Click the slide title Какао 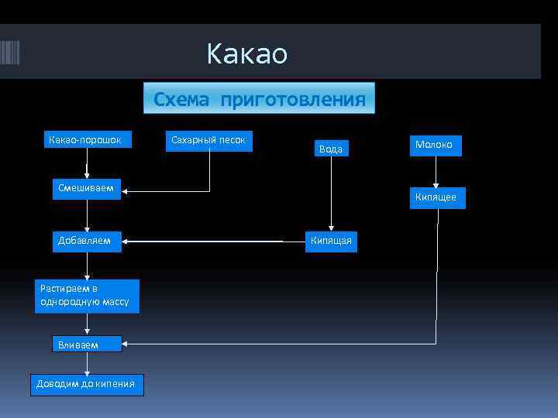point(246,54)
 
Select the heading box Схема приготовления point(260,99)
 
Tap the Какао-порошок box point(87,140)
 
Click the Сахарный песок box point(208,140)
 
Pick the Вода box point(331,149)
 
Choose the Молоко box point(436,146)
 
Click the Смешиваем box point(87,189)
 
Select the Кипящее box point(437,197)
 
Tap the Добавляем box point(87,241)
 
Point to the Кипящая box point(331,241)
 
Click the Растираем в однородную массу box point(87,296)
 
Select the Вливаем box point(87,344)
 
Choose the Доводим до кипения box point(87,384)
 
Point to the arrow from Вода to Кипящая point(331,194)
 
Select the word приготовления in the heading point(293,100)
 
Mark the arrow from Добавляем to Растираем point(87,266)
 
